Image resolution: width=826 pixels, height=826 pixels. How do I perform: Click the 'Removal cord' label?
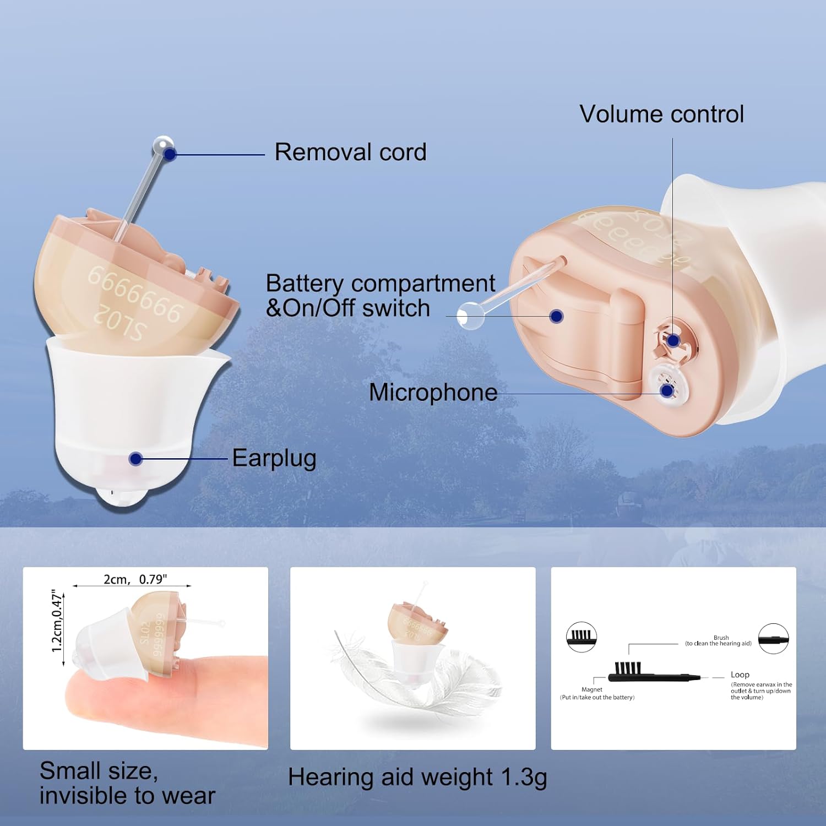[x=350, y=153]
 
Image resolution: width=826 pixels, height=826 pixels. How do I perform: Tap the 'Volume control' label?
[x=661, y=115]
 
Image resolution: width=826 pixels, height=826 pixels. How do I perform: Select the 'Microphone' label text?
[x=433, y=393]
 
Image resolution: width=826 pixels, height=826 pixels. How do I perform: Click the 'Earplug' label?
[x=274, y=458]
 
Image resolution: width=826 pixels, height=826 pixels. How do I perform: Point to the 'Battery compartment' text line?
[x=380, y=284]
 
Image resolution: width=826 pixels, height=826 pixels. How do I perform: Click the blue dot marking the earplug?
[x=135, y=459]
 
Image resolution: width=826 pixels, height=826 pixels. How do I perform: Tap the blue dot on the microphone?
[x=667, y=391]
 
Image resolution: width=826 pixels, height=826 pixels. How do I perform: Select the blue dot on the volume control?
[x=673, y=341]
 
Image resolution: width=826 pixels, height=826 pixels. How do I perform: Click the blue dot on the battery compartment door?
[x=557, y=316]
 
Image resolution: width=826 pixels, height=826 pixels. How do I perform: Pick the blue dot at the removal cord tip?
[x=170, y=154]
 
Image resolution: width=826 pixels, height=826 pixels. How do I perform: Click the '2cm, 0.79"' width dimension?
[x=135, y=579]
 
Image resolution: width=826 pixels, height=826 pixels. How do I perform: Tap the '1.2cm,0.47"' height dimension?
[x=57, y=622]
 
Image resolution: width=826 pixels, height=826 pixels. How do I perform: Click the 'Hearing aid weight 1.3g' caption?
[x=417, y=778]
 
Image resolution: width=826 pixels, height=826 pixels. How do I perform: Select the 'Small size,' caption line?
[x=99, y=771]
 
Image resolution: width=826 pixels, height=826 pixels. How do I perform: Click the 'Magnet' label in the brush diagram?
[x=592, y=689]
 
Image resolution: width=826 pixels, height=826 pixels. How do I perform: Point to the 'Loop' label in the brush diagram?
[x=740, y=675]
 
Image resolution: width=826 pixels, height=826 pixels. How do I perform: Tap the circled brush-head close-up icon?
[x=582, y=637]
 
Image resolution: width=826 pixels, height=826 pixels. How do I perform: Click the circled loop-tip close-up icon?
[x=773, y=639]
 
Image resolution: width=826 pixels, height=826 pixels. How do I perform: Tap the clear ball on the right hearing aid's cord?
[x=470, y=316]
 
